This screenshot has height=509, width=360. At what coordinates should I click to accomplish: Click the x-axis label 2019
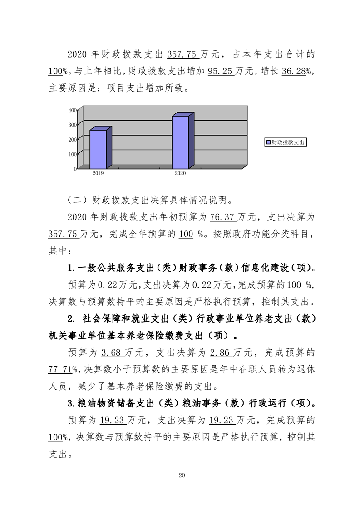click(98, 173)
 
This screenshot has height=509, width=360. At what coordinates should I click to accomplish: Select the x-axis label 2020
click(180, 173)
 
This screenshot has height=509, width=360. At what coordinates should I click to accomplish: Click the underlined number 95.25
click(221, 71)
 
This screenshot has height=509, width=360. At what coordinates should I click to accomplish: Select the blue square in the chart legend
click(268, 142)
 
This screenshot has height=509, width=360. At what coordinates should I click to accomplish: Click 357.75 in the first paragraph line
click(182, 54)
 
